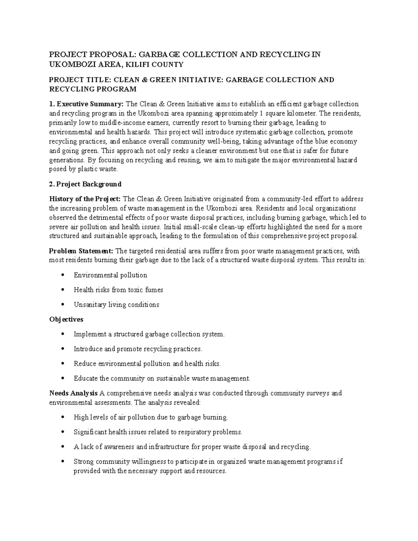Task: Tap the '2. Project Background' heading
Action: pyautogui.click(x=85, y=184)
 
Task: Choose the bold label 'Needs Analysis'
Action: pyautogui.click(x=73, y=393)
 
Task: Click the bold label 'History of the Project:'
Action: pyautogui.click(x=85, y=199)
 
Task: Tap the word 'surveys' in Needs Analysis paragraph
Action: pyautogui.click(x=317, y=393)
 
